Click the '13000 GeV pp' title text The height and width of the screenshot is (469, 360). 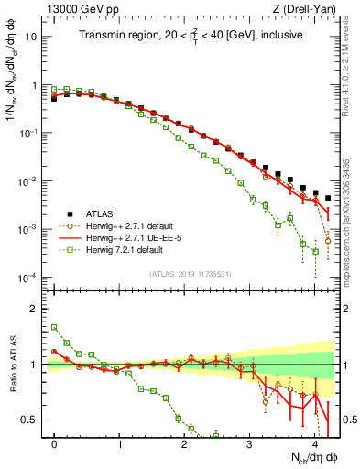tap(75, 9)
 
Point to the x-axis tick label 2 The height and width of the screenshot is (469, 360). tap(184, 442)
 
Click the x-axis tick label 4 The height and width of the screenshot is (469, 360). tap(314, 442)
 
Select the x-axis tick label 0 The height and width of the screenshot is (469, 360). tap(55, 442)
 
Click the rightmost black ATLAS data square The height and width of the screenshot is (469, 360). tap(328, 198)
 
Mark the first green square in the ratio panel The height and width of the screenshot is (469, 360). tap(55, 327)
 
